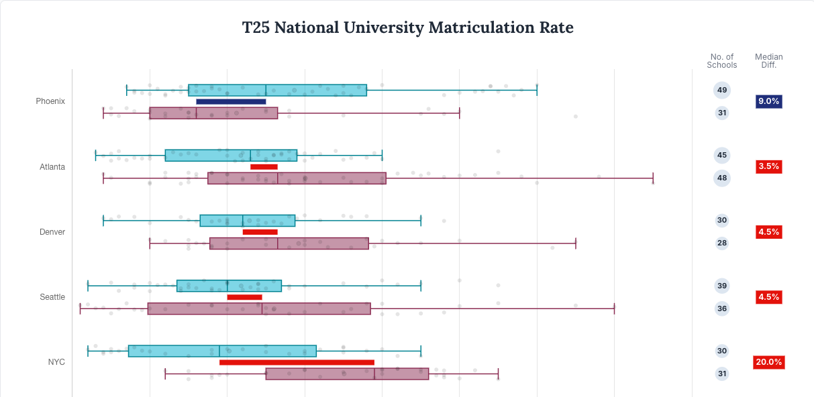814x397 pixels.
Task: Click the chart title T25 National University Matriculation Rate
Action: click(x=407, y=28)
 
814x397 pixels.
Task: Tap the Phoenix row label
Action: click(x=50, y=101)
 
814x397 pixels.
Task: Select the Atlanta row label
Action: click(x=52, y=166)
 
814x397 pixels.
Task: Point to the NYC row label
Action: click(x=56, y=362)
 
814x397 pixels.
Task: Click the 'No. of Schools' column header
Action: click(x=721, y=61)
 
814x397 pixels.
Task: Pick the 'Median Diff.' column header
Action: click(x=768, y=61)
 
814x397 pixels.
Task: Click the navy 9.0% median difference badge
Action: click(x=768, y=101)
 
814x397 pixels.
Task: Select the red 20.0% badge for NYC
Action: click(x=768, y=362)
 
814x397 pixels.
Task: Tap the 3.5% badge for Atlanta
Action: click(x=768, y=166)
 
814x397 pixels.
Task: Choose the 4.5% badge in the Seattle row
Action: click(x=768, y=297)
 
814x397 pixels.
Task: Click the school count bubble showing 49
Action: click(x=722, y=90)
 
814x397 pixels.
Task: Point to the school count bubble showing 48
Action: click(x=722, y=178)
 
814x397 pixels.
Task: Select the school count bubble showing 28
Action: click(x=722, y=243)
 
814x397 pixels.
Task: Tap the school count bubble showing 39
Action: click(x=722, y=286)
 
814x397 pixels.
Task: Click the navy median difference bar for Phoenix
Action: click(x=231, y=102)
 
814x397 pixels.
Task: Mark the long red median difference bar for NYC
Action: click(x=297, y=363)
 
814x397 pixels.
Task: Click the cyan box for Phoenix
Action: click(x=277, y=91)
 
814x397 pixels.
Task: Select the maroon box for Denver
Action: click(x=289, y=243)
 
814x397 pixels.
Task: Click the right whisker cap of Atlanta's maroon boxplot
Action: click(x=653, y=178)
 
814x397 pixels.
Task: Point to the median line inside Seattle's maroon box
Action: click(x=262, y=308)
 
